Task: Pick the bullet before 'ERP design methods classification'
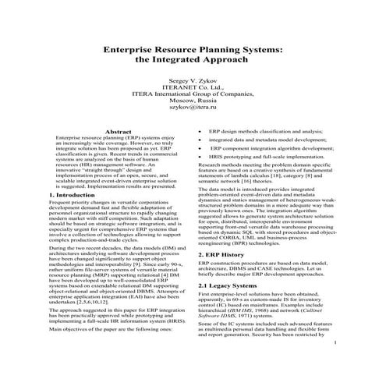coord(201,132)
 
